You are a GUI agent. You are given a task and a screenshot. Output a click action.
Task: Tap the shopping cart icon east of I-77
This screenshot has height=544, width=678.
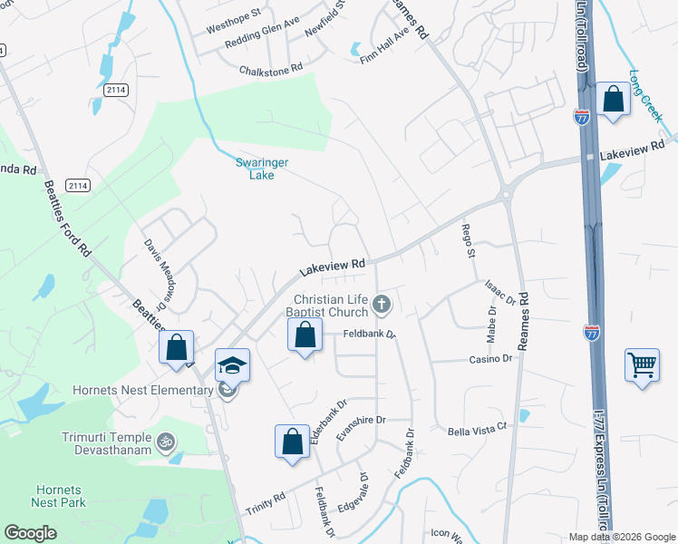(642, 365)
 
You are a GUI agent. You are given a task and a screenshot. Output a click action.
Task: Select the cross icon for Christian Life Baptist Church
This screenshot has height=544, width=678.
(382, 304)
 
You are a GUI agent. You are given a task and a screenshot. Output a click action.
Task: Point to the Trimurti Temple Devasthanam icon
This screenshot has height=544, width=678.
(164, 442)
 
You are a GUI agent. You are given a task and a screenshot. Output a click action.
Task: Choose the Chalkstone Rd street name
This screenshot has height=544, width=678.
(270, 70)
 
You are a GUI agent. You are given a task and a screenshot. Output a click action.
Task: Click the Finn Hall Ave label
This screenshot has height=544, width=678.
(385, 44)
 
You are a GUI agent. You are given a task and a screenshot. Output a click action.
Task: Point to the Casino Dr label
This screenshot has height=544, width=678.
(490, 359)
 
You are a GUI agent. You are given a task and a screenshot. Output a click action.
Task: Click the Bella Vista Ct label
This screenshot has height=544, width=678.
(475, 431)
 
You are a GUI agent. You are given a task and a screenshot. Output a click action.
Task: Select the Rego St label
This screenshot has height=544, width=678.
(469, 240)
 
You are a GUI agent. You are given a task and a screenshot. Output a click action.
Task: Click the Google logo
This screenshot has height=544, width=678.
(31, 533)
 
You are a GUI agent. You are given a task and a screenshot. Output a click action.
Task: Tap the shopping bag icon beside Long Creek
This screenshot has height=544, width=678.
(613, 100)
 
